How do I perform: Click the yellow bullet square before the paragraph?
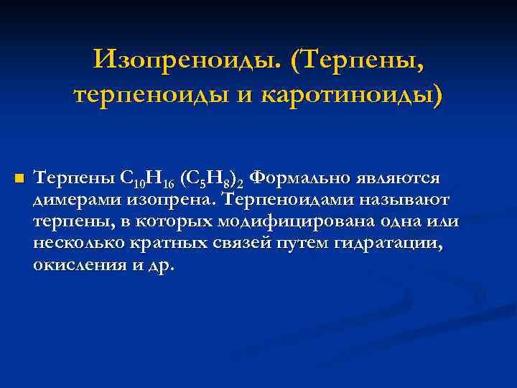(x=19, y=177)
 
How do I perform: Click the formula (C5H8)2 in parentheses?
(x=216, y=178)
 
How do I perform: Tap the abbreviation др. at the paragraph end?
(x=162, y=265)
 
